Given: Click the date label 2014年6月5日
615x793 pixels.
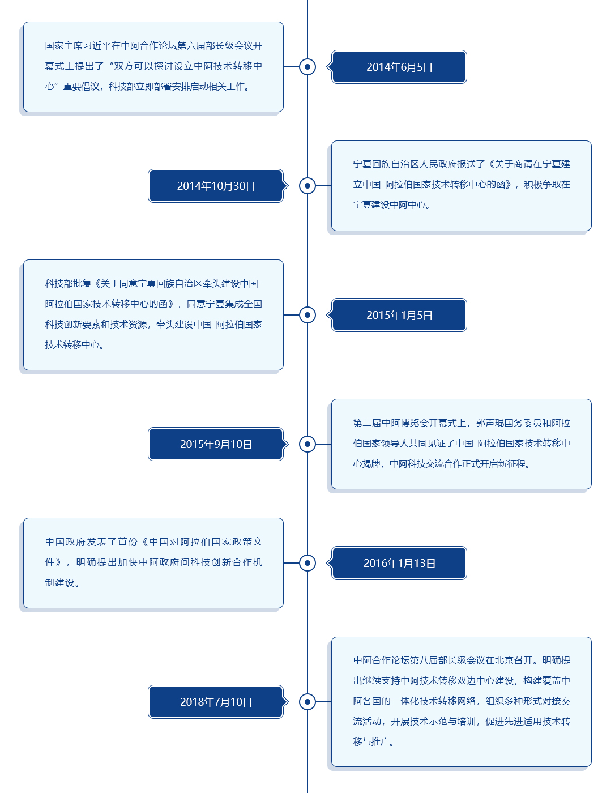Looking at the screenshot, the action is (x=399, y=67).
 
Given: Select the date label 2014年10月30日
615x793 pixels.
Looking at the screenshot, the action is (x=216, y=186).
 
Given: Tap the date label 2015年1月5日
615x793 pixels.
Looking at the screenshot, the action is (x=399, y=316).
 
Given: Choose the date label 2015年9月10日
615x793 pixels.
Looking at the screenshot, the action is (x=216, y=445).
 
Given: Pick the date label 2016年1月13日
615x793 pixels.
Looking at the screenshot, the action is (x=399, y=564).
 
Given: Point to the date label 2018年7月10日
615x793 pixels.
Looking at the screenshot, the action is (x=216, y=702).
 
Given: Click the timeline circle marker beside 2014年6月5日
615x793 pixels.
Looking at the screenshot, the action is (x=307, y=67).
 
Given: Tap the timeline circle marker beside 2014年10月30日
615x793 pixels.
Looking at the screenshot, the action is (x=307, y=186).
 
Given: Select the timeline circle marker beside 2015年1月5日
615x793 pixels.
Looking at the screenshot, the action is (x=307, y=315).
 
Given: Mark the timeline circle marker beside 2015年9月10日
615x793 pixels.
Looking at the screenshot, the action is (x=307, y=444).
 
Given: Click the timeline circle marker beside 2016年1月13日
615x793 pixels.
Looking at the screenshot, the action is (x=307, y=563).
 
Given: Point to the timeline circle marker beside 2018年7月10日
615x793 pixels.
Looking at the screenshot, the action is (x=307, y=702).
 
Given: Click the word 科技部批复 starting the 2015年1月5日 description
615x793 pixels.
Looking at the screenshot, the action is (x=69, y=284).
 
